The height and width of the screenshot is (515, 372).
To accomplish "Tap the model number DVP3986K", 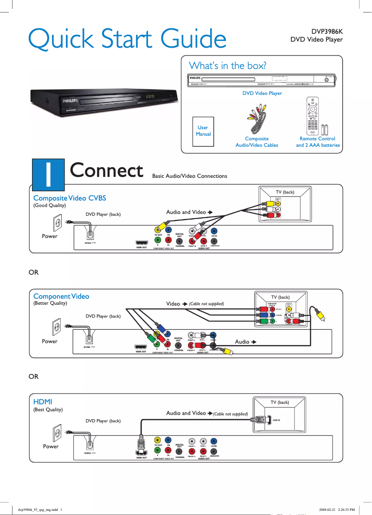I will [x=327, y=31].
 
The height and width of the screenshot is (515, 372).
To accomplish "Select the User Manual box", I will [x=203, y=131].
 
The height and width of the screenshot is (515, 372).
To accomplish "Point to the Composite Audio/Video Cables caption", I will [x=257, y=142].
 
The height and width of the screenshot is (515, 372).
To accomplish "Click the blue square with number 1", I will [x=48, y=173].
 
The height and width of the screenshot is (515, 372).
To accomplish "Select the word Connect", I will [x=106, y=170].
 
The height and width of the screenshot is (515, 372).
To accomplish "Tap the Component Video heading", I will [x=61, y=296].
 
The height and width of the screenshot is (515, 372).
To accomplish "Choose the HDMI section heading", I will [x=43, y=401].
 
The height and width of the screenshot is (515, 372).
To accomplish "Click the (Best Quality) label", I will [x=48, y=410].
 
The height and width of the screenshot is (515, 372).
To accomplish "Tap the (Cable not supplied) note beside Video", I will [x=206, y=304].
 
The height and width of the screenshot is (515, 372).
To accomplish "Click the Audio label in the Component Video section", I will [x=242, y=342].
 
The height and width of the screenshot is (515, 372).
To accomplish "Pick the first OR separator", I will [x=34, y=272].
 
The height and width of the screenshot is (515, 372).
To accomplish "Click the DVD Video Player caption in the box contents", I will [x=263, y=93].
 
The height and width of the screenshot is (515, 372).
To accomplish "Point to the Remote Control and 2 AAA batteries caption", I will [x=318, y=142].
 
